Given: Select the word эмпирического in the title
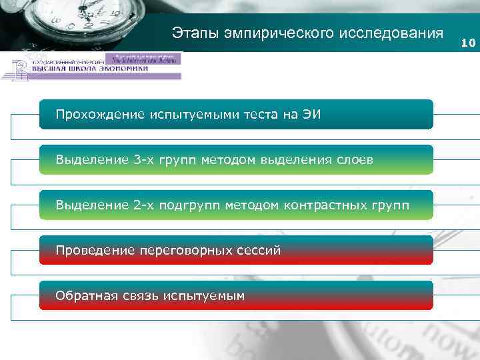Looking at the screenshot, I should [273, 33].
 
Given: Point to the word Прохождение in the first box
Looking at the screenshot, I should [99, 115].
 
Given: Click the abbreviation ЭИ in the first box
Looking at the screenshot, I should [311, 115].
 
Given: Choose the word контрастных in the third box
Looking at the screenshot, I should [322, 205].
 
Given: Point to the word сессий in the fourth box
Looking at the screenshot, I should [261, 251].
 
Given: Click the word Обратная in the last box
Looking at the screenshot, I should [86, 295].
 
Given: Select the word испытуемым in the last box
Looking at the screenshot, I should [205, 295].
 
